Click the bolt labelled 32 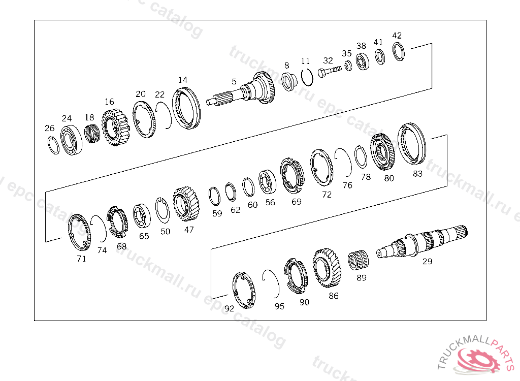click(329, 71)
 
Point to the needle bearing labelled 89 click(358, 260)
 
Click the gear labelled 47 click(186, 203)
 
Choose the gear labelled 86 click(327, 268)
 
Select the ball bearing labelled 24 click(71, 140)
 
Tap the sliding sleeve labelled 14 click(186, 108)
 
